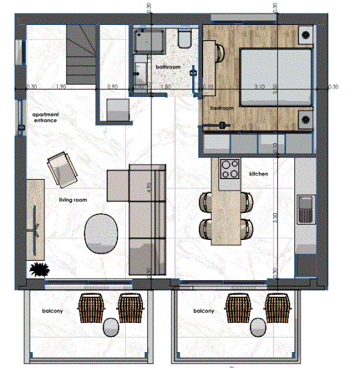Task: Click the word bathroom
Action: pyautogui.click(x=168, y=67)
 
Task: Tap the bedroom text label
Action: pyautogui.click(x=222, y=109)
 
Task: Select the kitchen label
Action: pyautogui.click(x=258, y=174)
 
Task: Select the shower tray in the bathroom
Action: pyautogui.click(x=149, y=42)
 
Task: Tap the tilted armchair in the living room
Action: pyautogui.click(x=61, y=168)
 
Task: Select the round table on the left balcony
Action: pyautogui.click(x=110, y=326)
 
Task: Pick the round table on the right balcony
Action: pyautogui.click(x=259, y=326)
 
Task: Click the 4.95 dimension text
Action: pyautogui.click(x=149, y=189)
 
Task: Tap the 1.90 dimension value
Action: pyautogui.click(x=60, y=88)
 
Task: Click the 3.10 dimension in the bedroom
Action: pyautogui.click(x=259, y=87)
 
